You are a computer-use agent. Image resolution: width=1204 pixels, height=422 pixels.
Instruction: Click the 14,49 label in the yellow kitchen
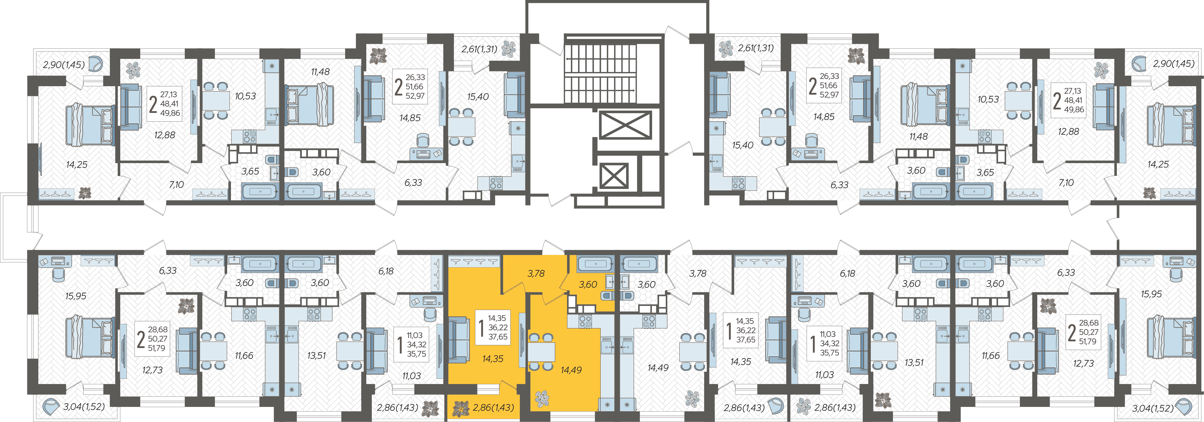pos(571,370)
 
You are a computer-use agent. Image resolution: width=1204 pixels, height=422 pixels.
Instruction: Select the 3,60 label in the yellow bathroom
pos(588,285)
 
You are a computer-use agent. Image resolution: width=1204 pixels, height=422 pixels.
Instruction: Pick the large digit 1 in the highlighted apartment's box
pos(481,328)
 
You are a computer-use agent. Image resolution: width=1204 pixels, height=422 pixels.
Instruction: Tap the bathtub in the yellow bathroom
pos(595,264)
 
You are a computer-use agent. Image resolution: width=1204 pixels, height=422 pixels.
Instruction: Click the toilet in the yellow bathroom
pos(608,295)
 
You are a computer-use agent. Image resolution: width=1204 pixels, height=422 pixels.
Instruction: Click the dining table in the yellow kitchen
pos(541,351)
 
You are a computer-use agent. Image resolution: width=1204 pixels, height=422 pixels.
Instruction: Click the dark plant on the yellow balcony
pos(461,408)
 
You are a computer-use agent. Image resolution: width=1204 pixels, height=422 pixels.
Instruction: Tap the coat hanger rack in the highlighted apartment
pos(474,261)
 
